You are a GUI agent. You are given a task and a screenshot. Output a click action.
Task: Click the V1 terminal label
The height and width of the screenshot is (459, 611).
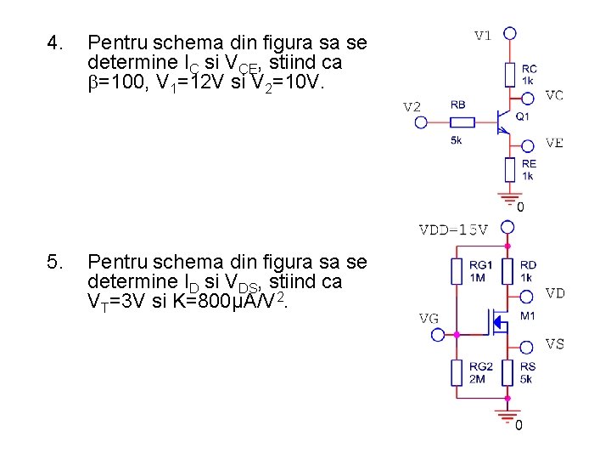(x=482, y=36)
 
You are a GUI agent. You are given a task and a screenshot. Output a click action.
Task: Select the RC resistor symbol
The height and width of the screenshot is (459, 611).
(x=509, y=75)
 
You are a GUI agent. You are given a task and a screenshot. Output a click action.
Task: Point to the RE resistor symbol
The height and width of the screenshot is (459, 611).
(x=509, y=169)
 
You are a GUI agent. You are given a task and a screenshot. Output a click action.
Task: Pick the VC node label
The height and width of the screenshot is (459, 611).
(x=554, y=95)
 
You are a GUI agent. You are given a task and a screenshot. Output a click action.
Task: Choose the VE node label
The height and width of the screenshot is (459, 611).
(x=554, y=143)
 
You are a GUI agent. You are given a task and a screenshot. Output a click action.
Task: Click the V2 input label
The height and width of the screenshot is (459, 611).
(x=412, y=107)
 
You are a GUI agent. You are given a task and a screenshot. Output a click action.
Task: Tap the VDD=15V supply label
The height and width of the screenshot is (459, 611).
(x=454, y=229)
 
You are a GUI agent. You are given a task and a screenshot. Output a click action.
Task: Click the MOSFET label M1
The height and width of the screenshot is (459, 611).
(x=527, y=316)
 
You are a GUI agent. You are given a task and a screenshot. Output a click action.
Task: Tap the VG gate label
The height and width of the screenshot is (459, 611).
(x=429, y=318)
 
